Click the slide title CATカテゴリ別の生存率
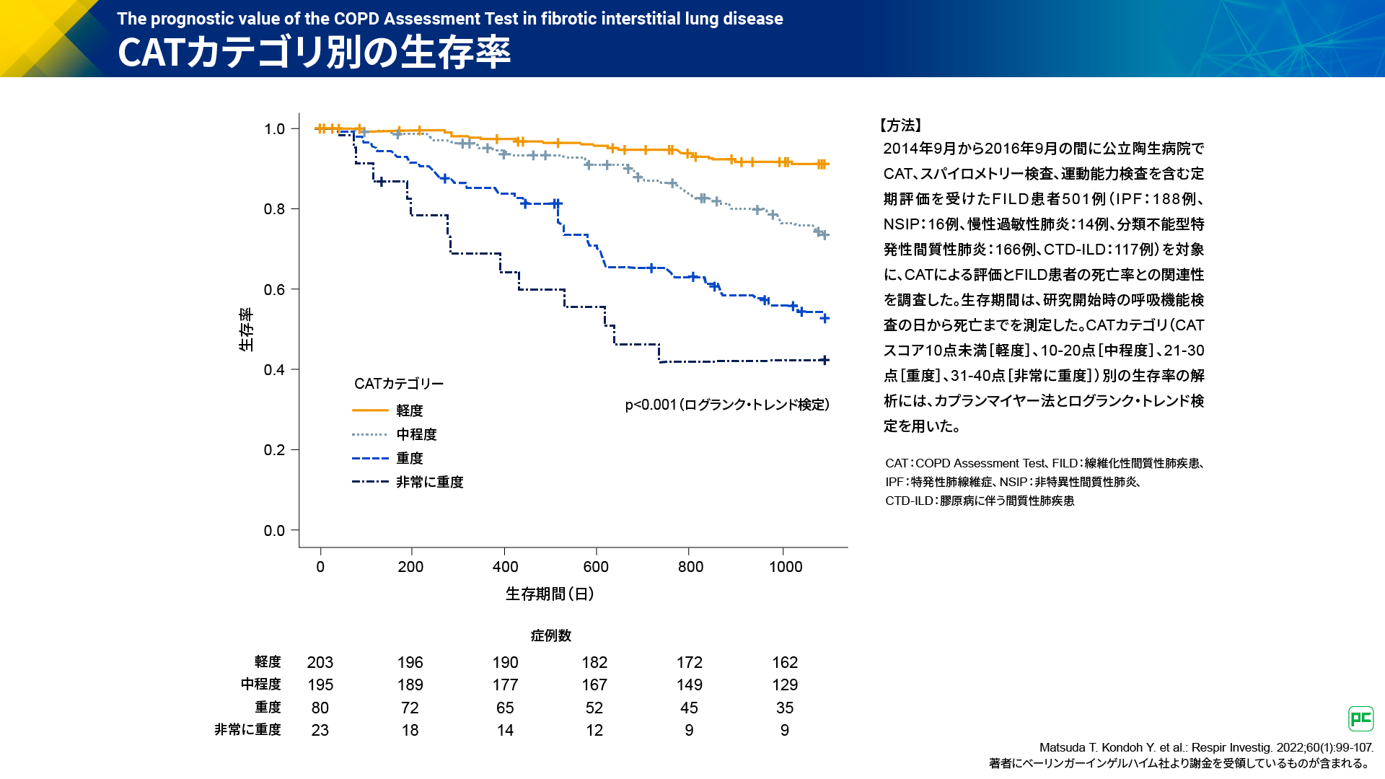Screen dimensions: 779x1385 (x=314, y=52)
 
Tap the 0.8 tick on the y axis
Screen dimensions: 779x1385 (x=274, y=209)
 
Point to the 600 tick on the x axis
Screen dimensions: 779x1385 (x=596, y=566)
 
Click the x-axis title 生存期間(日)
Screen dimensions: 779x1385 (x=550, y=594)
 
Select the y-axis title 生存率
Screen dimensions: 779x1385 (x=246, y=330)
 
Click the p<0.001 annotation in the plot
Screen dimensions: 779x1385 (x=727, y=405)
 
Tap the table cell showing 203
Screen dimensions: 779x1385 (x=320, y=662)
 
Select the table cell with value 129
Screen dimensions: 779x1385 (x=785, y=685)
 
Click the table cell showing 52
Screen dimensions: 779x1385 (x=594, y=708)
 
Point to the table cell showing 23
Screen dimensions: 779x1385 (x=320, y=730)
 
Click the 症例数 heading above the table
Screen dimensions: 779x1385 (x=551, y=635)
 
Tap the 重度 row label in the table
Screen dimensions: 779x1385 (x=268, y=708)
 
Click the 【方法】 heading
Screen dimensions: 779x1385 (x=901, y=126)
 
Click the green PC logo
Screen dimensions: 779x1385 (x=1360, y=718)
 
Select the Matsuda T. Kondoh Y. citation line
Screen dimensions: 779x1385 (x=1205, y=747)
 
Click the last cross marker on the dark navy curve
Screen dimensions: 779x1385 (x=825, y=360)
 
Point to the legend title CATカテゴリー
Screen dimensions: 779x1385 (x=399, y=384)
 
